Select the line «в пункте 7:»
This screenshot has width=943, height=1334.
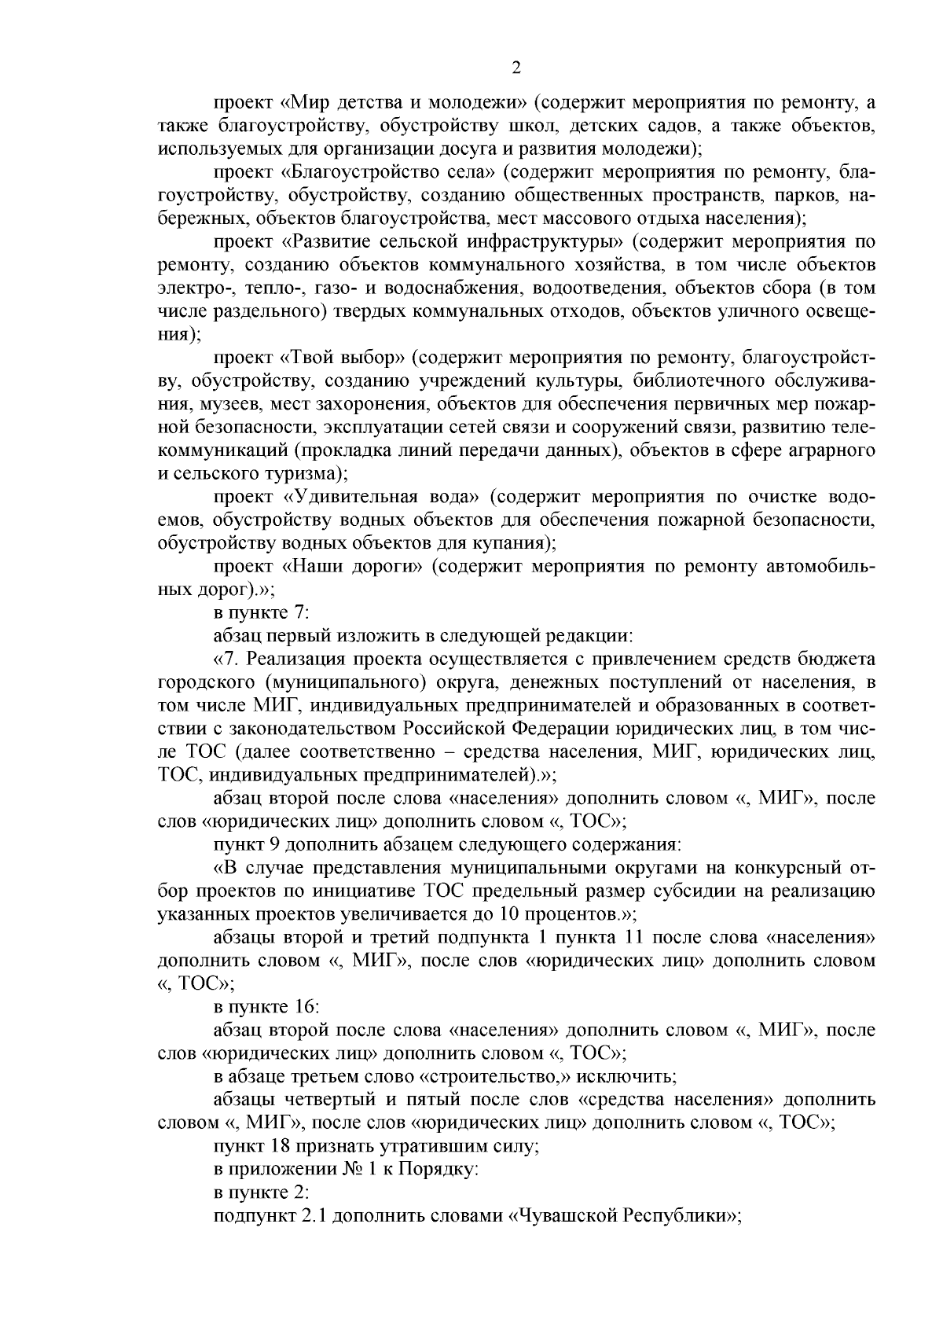[x=262, y=613]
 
